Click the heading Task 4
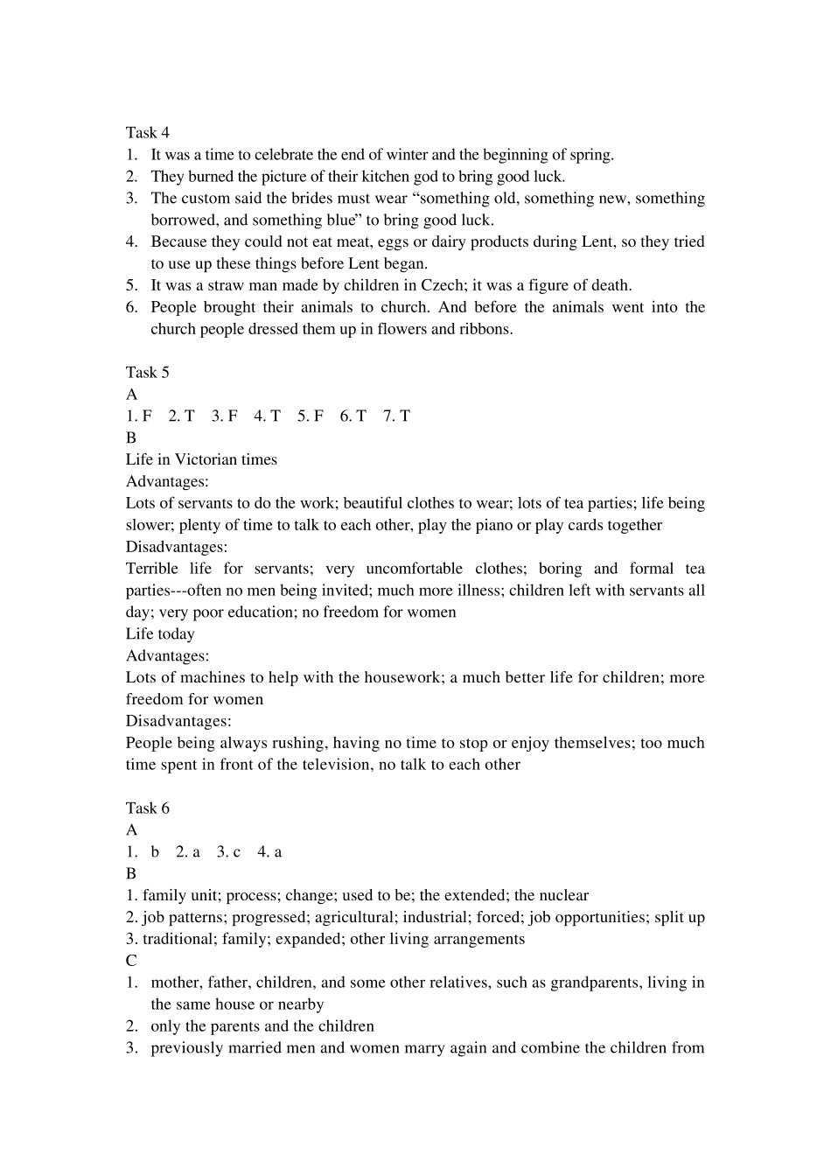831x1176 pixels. pyautogui.click(x=147, y=133)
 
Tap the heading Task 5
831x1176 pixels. pyautogui.click(x=147, y=373)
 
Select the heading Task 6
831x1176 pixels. pyautogui.click(x=147, y=808)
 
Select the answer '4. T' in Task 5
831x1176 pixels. pyautogui.click(x=267, y=416)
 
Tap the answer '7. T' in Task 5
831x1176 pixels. pyautogui.click(x=396, y=416)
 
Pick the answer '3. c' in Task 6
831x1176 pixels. pyautogui.click(x=228, y=852)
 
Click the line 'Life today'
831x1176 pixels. pyautogui.click(x=160, y=634)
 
